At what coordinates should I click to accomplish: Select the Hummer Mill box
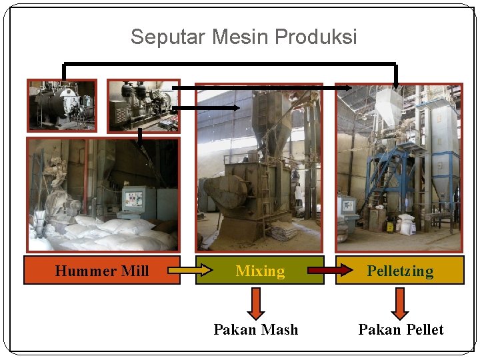(102, 271)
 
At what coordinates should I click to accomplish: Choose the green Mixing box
(260, 271)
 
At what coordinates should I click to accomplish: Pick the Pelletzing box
(400, 271)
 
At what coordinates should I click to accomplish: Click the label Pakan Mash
(256, 329)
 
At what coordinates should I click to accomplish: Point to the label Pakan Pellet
(401, 329)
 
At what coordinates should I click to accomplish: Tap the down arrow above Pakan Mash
(256, 303)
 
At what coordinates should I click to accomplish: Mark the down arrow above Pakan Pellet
(400, 303)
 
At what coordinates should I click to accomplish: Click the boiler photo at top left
(61, 105)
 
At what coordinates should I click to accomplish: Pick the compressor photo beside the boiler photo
(143, 105)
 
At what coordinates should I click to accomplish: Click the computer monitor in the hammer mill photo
(133, 199)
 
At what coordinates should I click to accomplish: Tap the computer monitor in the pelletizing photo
(347, 205)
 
